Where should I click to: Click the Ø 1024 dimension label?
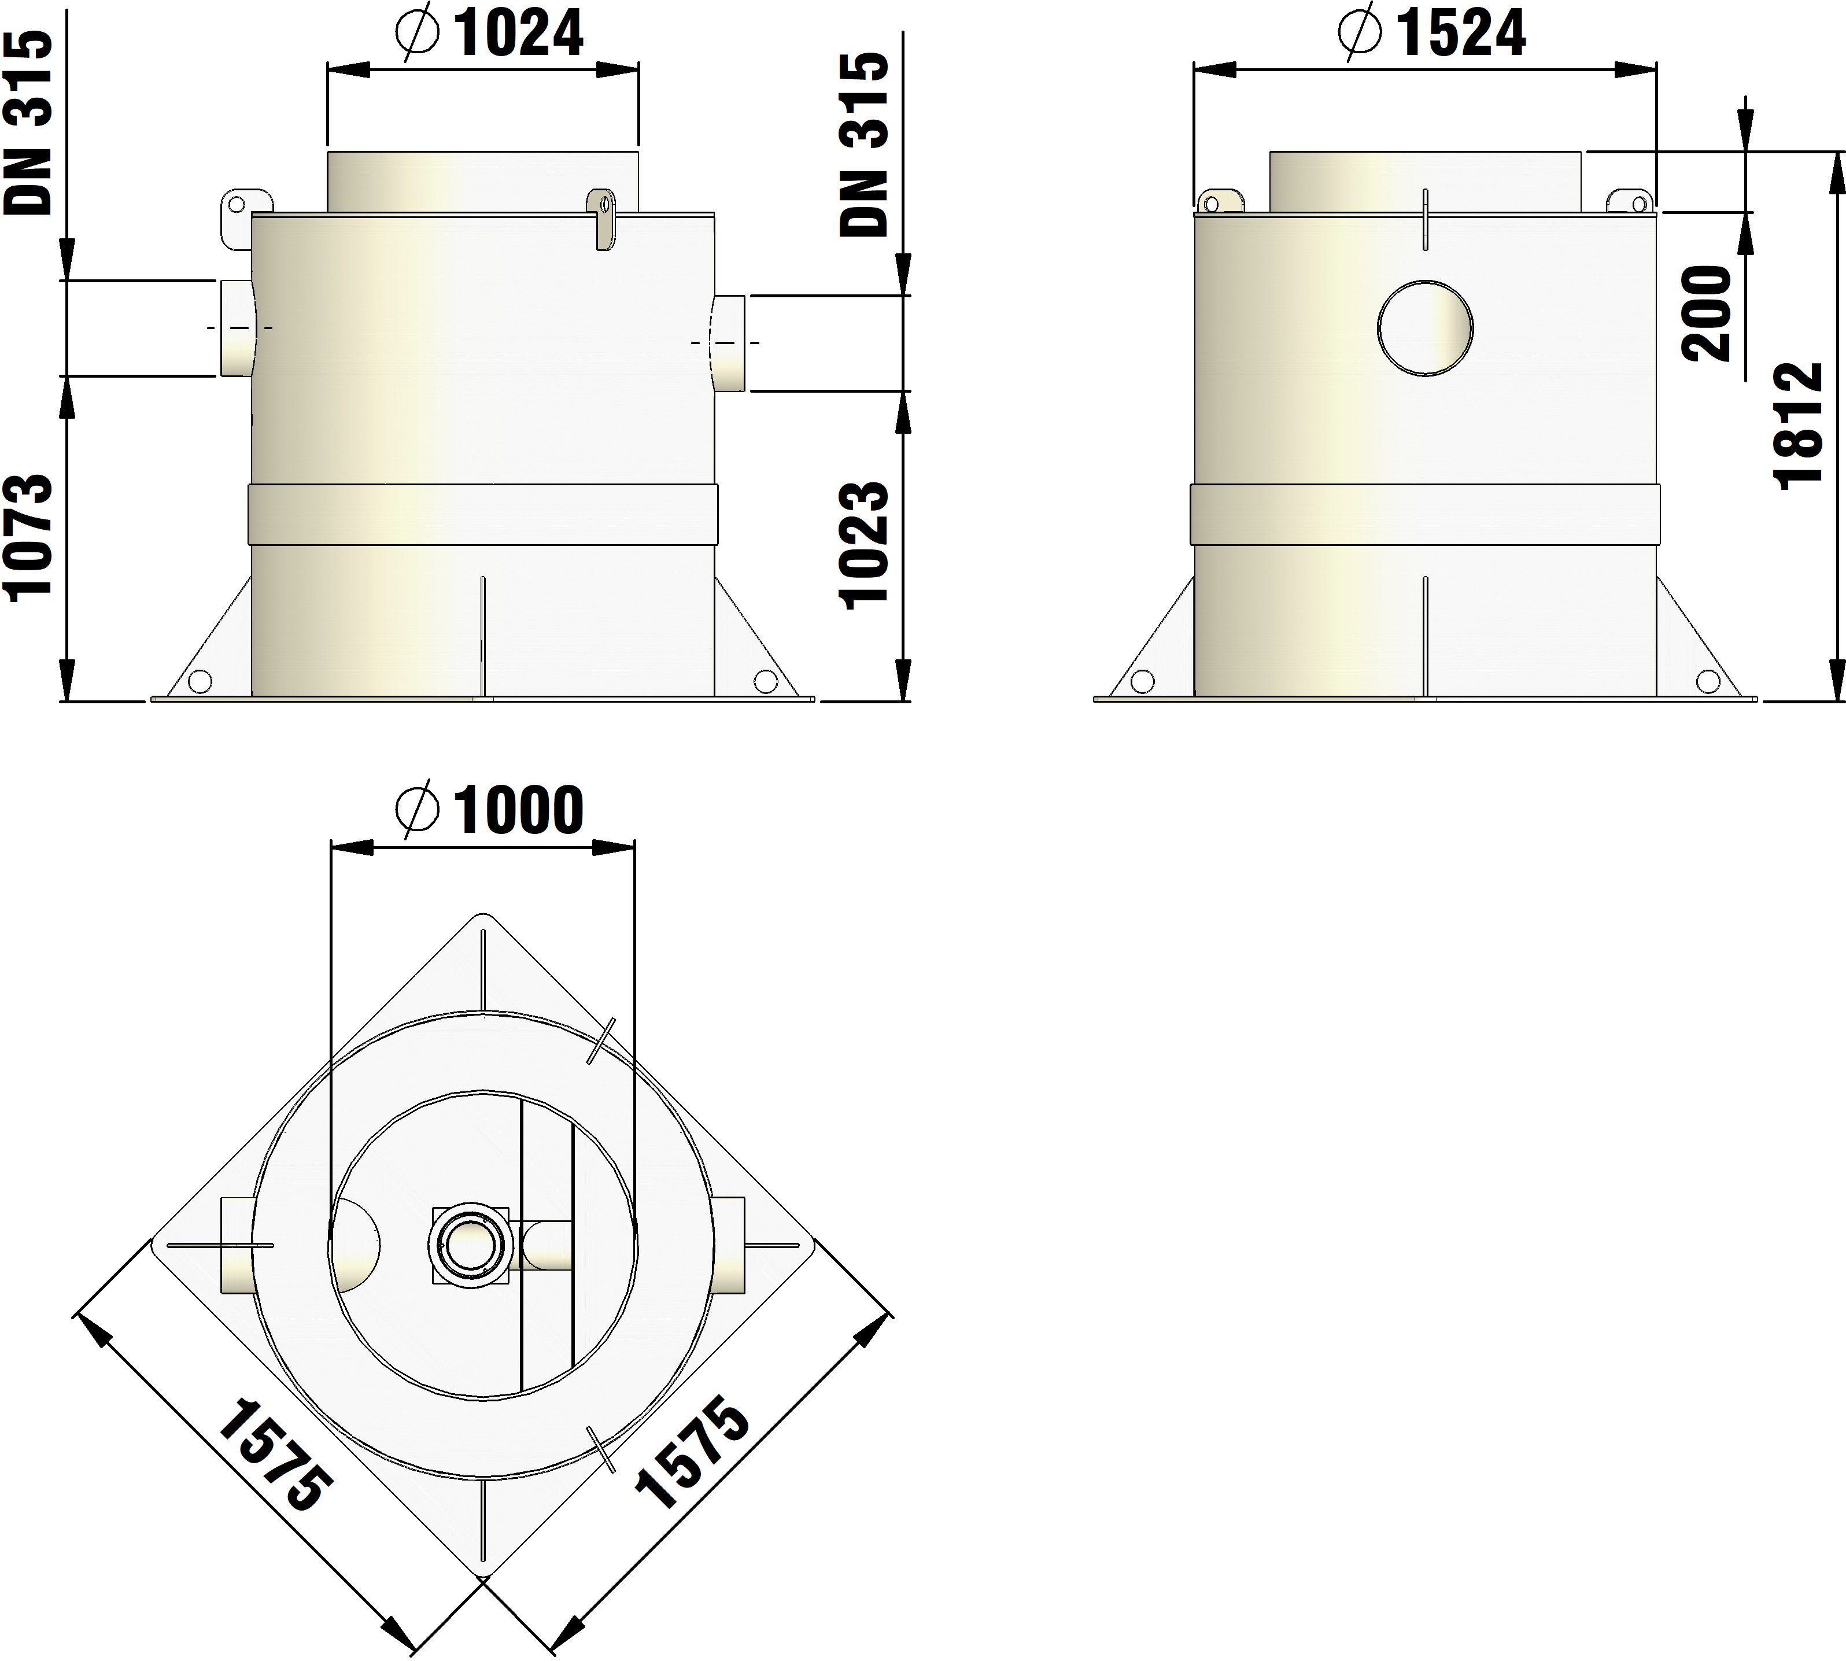[x=490, y=35]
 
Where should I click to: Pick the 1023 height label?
[x=863, y=545]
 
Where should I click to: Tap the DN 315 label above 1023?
[x=863, y=144]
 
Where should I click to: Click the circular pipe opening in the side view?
[x=1426, y=328]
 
